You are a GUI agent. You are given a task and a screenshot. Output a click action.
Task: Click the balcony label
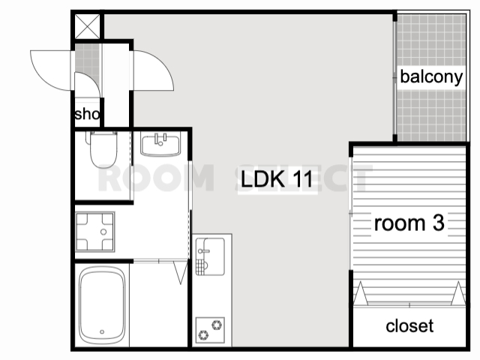tap(431, 76)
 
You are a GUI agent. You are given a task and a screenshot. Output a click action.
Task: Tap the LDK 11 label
tap(277, 179)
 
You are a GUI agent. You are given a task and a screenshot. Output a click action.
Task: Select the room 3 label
tap(409, 223)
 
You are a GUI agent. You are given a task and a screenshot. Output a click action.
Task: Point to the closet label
tap(409, 326)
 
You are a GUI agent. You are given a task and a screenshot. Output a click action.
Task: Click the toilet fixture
tap(103, 149)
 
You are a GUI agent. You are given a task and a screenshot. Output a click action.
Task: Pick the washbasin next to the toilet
tap(160, 145)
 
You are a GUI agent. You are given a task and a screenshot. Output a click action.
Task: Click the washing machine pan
tap(95, 232)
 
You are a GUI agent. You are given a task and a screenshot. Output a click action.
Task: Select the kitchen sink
tap(210, 256)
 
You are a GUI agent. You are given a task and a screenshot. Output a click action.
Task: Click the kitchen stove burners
tap(210, 330)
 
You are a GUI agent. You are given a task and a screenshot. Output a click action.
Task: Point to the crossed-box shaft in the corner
tap(88, 27)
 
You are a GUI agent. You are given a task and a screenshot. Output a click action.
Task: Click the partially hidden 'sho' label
tap(87, 114)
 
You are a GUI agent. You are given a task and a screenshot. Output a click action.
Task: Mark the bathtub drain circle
tap(102, 331)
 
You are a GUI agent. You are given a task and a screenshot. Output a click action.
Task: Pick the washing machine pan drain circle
tap(103, 232)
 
